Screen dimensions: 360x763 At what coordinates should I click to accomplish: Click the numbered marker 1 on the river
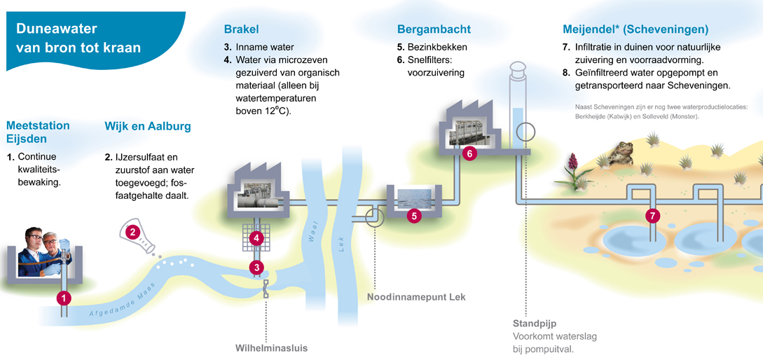pos(64,298)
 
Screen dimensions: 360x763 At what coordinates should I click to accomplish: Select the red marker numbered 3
pos(258,267)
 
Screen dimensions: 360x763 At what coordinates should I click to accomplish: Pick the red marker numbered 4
pos(258,238)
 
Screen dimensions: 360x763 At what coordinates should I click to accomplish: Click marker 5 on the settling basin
pos(414,216)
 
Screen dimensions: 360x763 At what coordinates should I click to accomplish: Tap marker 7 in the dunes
pos(653,216)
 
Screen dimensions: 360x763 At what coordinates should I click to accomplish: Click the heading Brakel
pos(242,29)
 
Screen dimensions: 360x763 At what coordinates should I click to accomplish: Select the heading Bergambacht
pos(434,29)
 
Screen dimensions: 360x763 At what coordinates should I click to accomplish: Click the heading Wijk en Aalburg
pos(147,127)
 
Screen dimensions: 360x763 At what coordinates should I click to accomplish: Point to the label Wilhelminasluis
pos(271,348)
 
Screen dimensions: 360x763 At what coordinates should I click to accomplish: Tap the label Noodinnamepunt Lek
pos(416,297)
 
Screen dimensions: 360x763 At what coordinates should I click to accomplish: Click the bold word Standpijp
pos(534,324)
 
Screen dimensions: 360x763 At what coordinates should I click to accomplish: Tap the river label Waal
pos(314,231)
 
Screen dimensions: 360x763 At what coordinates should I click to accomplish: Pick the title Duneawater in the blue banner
pos(57,29)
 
